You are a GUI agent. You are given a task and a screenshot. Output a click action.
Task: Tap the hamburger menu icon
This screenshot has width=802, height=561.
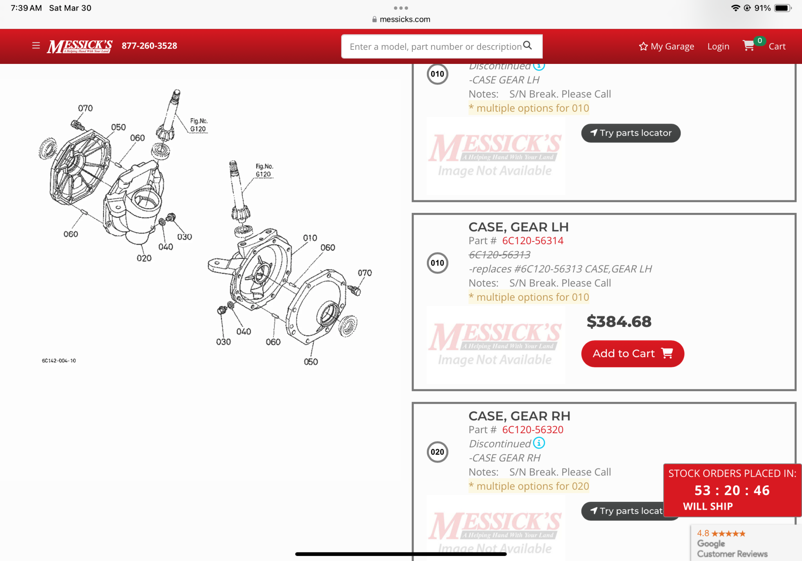(x=36, y=45)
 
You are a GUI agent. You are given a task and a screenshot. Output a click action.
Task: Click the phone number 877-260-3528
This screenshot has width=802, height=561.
(x=149, y=46)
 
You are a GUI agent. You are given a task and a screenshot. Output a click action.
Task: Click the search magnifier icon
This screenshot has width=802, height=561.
(x=527, y=45)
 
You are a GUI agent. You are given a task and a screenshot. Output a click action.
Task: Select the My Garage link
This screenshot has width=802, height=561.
(x=667, y=46)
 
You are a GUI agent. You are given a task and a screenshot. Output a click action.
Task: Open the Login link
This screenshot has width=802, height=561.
(x=718, y=46)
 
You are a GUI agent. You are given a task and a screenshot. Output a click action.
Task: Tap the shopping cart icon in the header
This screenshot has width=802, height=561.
(x=749, y=45)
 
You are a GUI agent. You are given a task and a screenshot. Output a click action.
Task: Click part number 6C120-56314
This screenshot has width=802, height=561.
(x=533, y=241)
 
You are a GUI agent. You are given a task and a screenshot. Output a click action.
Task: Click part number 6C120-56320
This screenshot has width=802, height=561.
(x=533, y=430)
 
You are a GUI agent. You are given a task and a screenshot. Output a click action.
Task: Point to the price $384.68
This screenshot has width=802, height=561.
(x=619, y=321)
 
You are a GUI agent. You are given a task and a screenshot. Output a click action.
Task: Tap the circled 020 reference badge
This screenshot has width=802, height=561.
(x=437, y=452)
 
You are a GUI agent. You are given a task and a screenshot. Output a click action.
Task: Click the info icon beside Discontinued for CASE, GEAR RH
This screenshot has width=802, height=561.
(x=539, y=443)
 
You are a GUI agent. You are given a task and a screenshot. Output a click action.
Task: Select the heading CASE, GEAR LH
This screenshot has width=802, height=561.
(x=518, y=227)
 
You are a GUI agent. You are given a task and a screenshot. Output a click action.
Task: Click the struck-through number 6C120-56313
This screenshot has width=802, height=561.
(x=500, y=255)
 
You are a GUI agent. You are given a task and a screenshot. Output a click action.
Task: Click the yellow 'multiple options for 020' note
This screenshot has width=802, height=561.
(x=529, y=486)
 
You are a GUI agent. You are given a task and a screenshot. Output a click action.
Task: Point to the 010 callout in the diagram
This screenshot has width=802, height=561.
(x=310, y=238)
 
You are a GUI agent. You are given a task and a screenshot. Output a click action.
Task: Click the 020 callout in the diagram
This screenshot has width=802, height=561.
(x=144, y=258)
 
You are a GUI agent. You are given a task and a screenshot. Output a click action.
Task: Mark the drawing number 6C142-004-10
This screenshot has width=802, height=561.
(x=59, y=361)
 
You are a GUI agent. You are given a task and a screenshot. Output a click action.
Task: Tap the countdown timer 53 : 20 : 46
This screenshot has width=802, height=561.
(x=732, y=490)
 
